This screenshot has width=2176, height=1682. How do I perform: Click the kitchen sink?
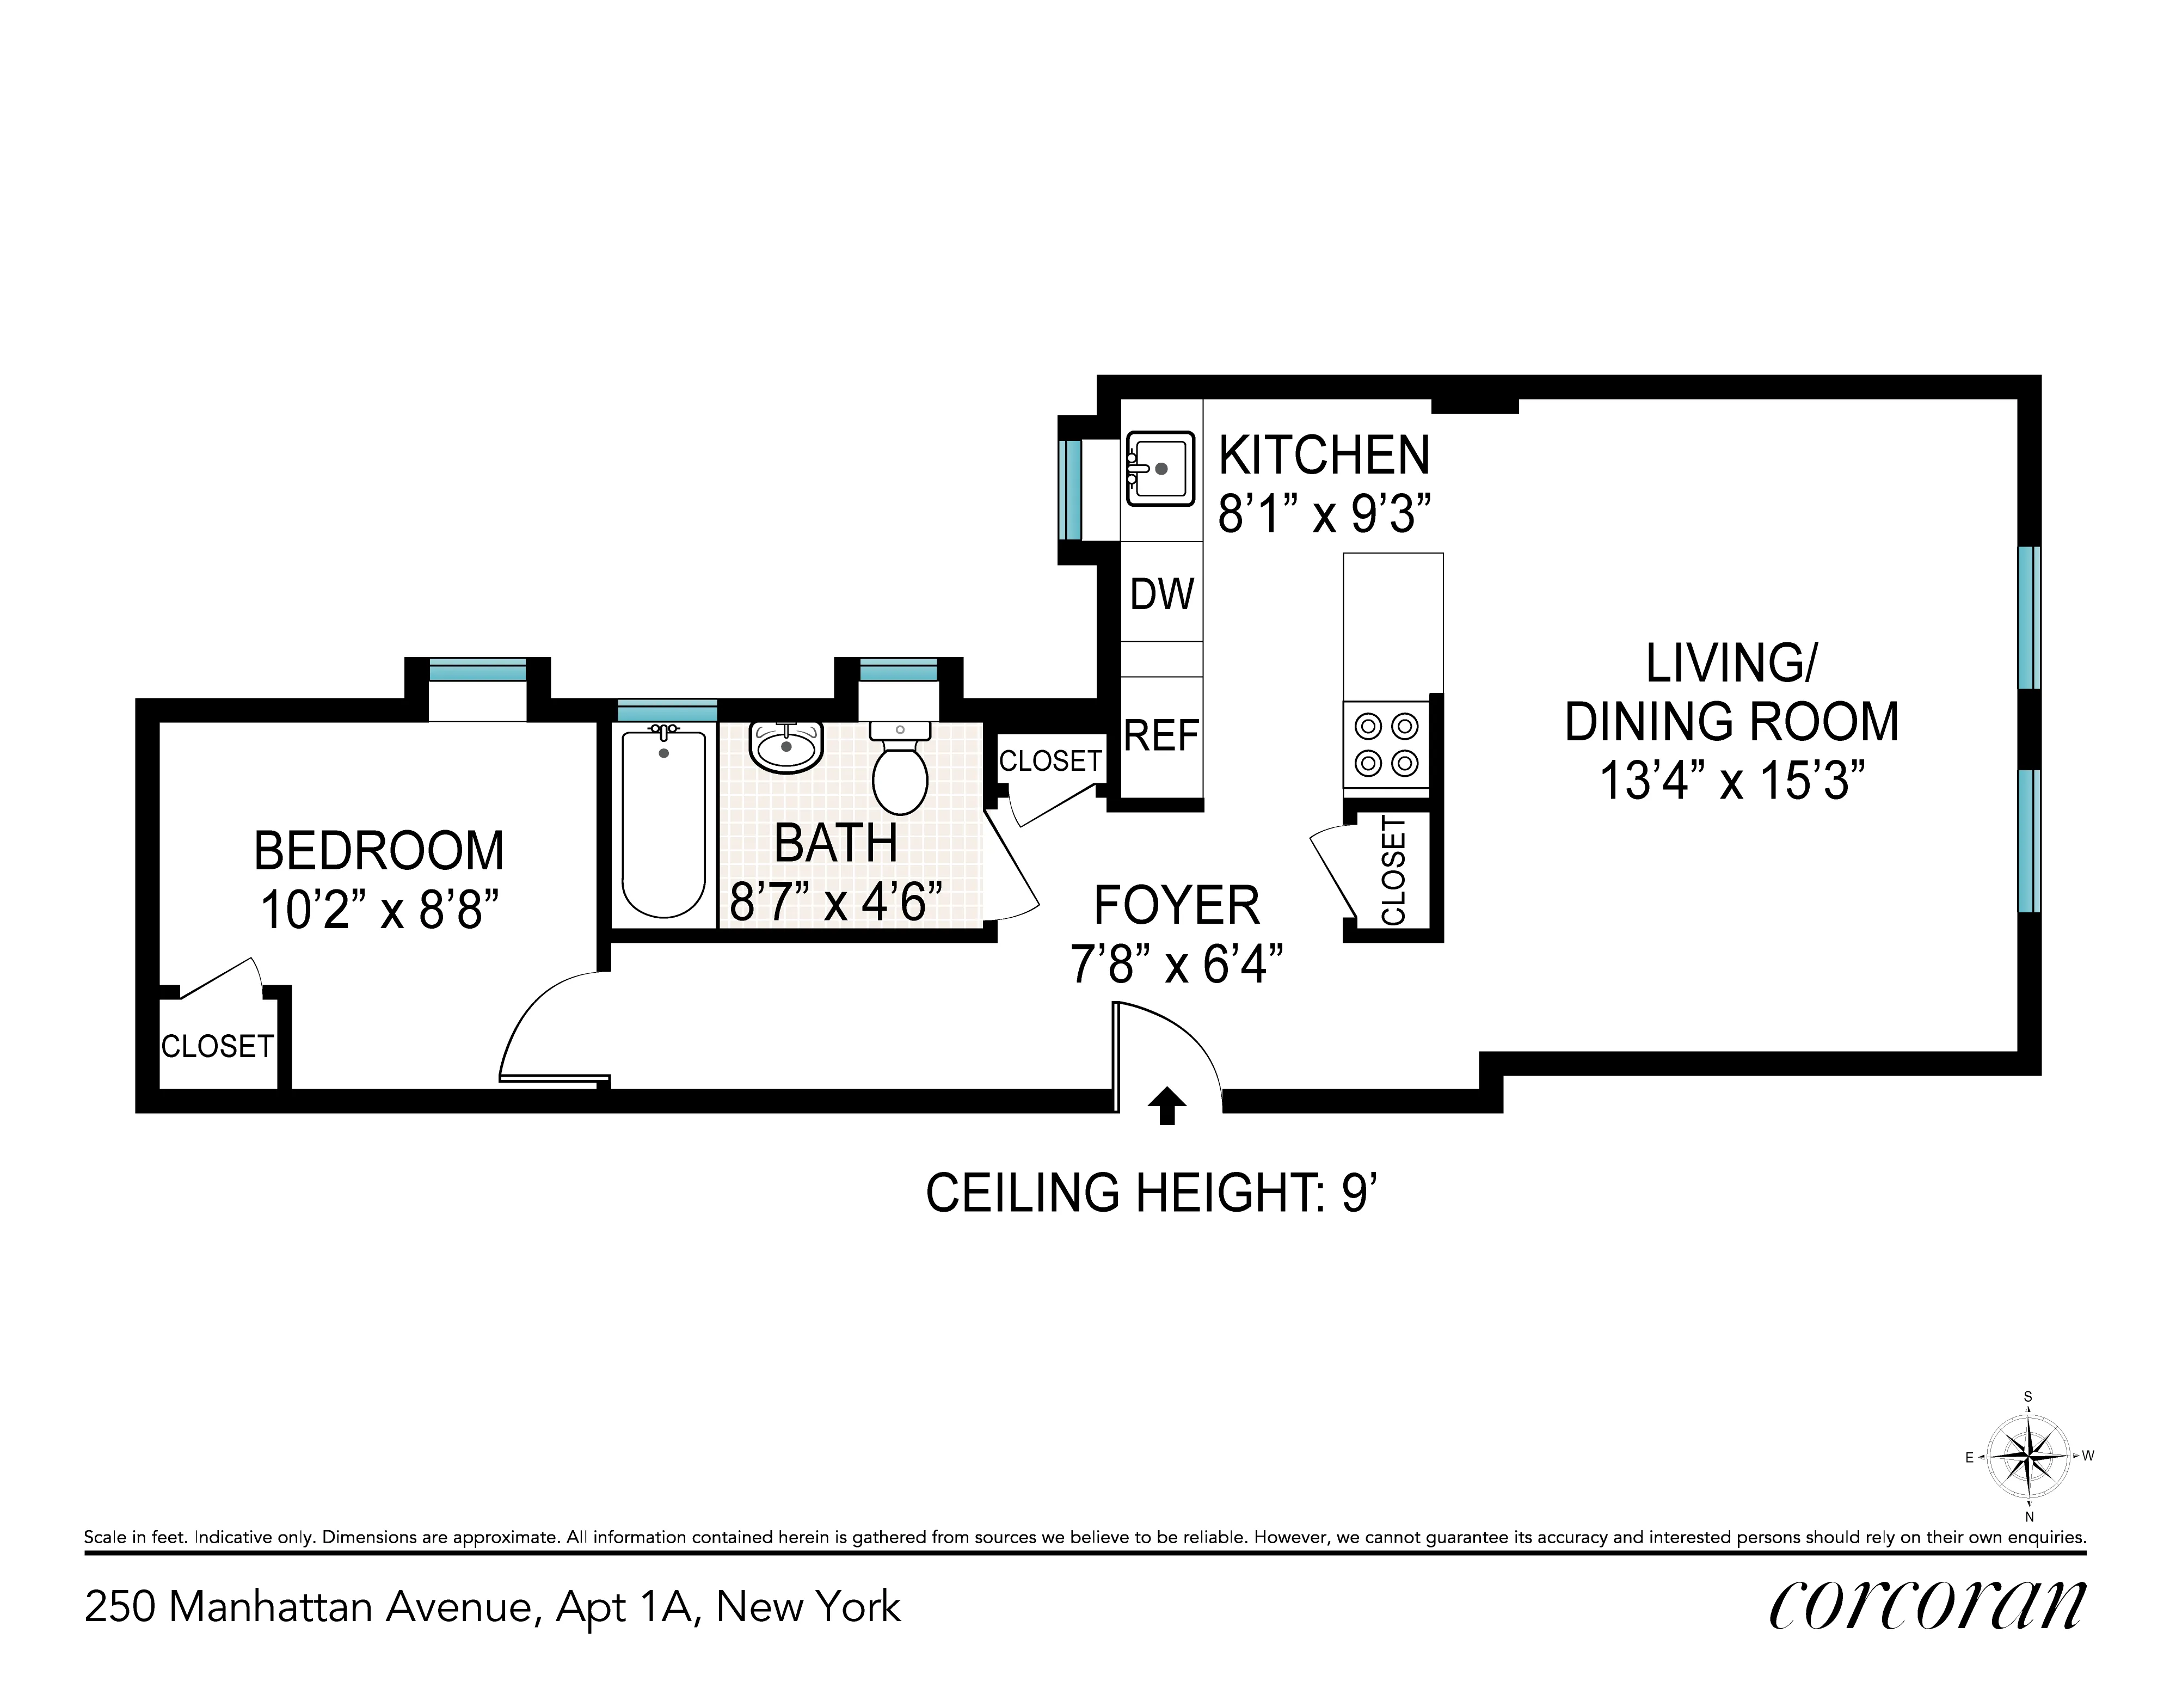pyautogui.click(x=1161, y=468)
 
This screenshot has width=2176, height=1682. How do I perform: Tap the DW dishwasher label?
pyautogui.click(x=1161, y=595)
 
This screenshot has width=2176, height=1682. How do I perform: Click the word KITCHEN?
pyautogui.click(x=1324, y=456)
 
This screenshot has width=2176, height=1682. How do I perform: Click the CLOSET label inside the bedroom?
pyautogui.click(x=217, y=1046)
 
